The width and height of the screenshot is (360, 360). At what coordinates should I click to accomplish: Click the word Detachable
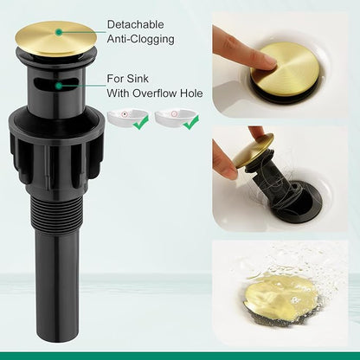click(x=135, y=24)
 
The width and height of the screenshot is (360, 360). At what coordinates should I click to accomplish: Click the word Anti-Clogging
click(x=141, y=39)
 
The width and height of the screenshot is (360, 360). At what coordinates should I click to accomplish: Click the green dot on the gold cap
click(x=59, y=32)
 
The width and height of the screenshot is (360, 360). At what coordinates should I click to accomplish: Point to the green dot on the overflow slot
click(x=59, y=86)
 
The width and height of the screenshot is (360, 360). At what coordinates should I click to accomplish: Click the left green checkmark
click(x=141, y=122)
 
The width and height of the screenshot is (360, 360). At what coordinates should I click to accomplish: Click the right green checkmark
click(x=190, y=122)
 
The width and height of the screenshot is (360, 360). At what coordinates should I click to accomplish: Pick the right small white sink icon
click(x=173, y=117)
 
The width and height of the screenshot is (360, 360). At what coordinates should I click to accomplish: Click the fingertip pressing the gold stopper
click(x=267, y=61)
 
